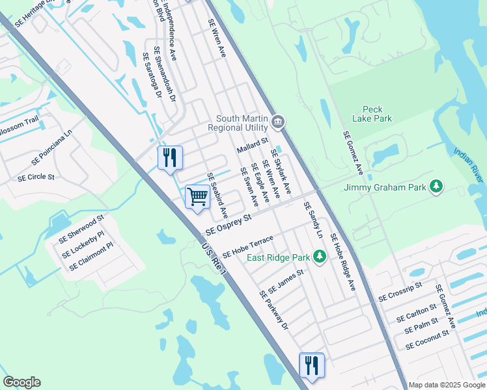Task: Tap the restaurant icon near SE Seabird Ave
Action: coord(170,157)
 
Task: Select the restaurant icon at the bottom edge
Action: coord(311,365)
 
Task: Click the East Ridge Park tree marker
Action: coord(319,257)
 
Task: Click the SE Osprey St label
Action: coord(228,226)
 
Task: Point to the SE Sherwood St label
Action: coord(81,230)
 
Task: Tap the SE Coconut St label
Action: coord(427,340)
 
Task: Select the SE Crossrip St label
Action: coord(400,291)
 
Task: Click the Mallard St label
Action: coord(252,144)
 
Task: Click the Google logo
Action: coord(21,382)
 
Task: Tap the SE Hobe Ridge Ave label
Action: coord(342,261)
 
